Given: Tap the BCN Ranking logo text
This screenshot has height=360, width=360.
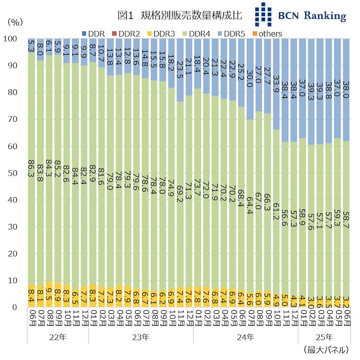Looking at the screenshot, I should click(x=312, y=16).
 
